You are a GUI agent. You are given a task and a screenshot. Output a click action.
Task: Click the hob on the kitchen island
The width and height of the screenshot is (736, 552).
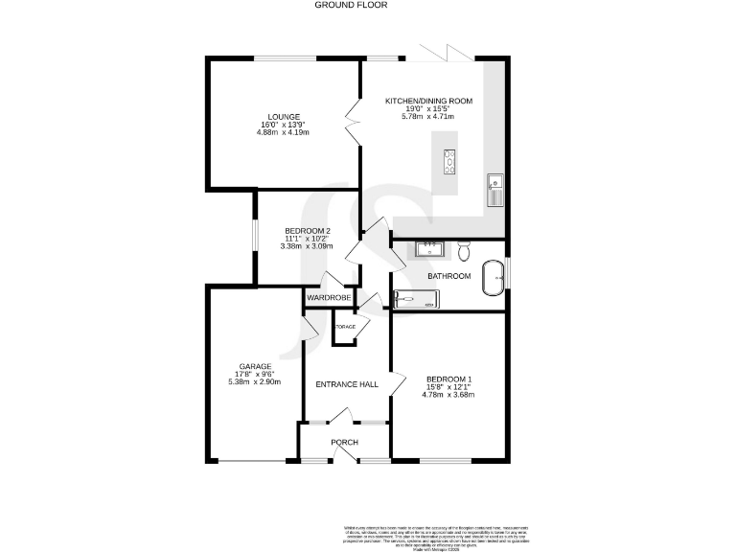point(448,163)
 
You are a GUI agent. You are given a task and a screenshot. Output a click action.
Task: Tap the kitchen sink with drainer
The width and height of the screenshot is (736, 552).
point(495,190)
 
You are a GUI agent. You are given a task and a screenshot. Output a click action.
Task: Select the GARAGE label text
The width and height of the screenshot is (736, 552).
point(255,366)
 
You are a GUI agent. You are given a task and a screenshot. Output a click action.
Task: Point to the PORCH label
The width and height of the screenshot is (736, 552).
point(344,442)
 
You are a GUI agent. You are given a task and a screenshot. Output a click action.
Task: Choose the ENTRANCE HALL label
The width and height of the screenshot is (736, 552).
point(347,384)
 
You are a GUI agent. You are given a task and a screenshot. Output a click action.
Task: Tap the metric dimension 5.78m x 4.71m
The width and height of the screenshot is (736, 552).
point(428,117)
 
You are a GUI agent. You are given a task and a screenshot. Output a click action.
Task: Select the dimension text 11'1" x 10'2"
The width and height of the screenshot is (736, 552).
point(308,239)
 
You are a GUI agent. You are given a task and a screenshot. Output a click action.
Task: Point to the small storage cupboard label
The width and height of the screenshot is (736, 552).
point(344,328)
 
